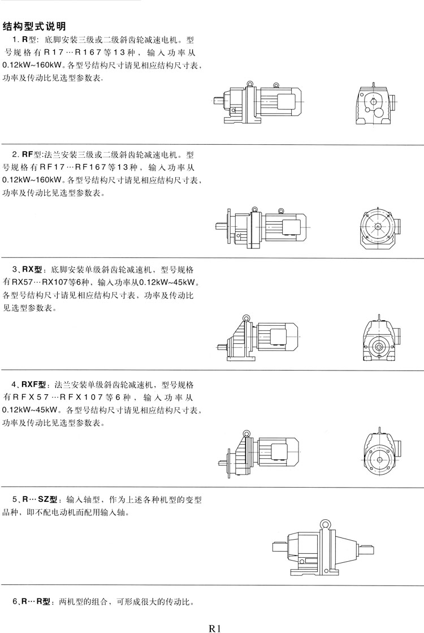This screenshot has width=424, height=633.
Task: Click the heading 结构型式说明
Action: click(x=34, y=26)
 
